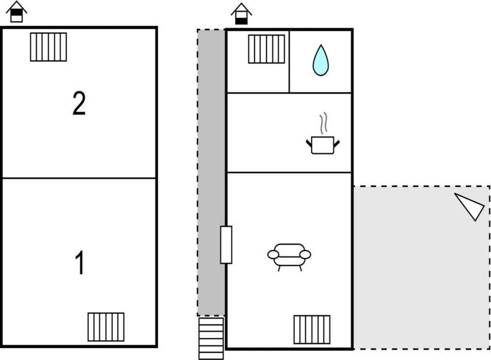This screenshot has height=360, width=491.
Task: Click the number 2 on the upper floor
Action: pos(79,103)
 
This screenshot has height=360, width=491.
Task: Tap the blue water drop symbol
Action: pos(321,60)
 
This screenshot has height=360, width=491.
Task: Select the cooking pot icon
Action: pos(323,145)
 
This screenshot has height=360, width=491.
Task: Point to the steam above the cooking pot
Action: pos(323,123)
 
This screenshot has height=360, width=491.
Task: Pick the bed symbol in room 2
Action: pos(48,47)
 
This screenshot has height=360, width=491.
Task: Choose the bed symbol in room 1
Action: pos(106,327)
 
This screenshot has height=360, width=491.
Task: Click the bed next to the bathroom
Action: pos(267,49)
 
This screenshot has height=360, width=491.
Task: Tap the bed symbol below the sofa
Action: pos(312,330)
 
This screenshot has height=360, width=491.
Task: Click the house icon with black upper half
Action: pos(17,12)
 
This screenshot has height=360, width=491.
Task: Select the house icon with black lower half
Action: pos(241,14)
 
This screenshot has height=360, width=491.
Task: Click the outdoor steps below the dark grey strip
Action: pos(211,338)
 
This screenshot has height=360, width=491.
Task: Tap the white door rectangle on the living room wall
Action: pos(226,245)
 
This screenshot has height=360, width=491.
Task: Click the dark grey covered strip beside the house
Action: pos(211,173)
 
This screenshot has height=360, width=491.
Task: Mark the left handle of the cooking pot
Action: pos(309,143)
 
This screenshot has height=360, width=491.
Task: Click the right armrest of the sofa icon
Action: pos(305,254)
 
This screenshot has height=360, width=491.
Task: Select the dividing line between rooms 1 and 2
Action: pos(79,178)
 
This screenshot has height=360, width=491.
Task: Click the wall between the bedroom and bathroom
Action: pos(289,61)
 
